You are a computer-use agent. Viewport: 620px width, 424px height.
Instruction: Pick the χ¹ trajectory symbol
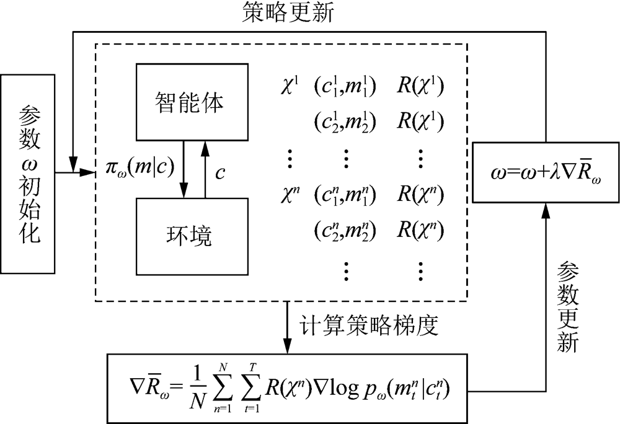point(290,87)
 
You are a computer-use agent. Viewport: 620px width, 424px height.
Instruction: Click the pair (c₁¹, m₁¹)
point(343,87)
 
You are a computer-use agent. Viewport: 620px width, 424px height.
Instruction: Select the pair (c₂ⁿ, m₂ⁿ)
point(343,232)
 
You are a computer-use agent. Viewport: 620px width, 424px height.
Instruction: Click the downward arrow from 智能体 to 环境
point(184,168)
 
